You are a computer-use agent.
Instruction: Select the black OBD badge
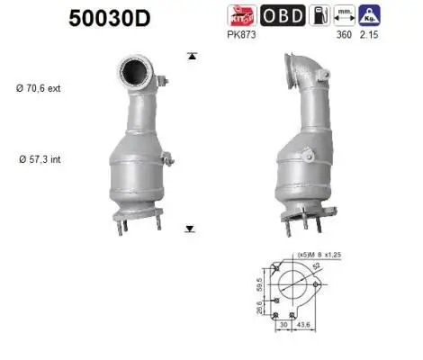pyautogui.click(x=282, y=15)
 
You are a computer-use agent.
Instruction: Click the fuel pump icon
pyautogui.click(x=319, y=15)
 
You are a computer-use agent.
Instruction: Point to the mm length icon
pyautogui.click(x=343, y=15)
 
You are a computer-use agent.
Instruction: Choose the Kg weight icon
pyautogui.click(x=368, y=15)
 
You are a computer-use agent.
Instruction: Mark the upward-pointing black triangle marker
pyautogui.click(x=191, y=56)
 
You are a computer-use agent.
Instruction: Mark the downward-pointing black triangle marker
pyautogui.click(x=189, y=229)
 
